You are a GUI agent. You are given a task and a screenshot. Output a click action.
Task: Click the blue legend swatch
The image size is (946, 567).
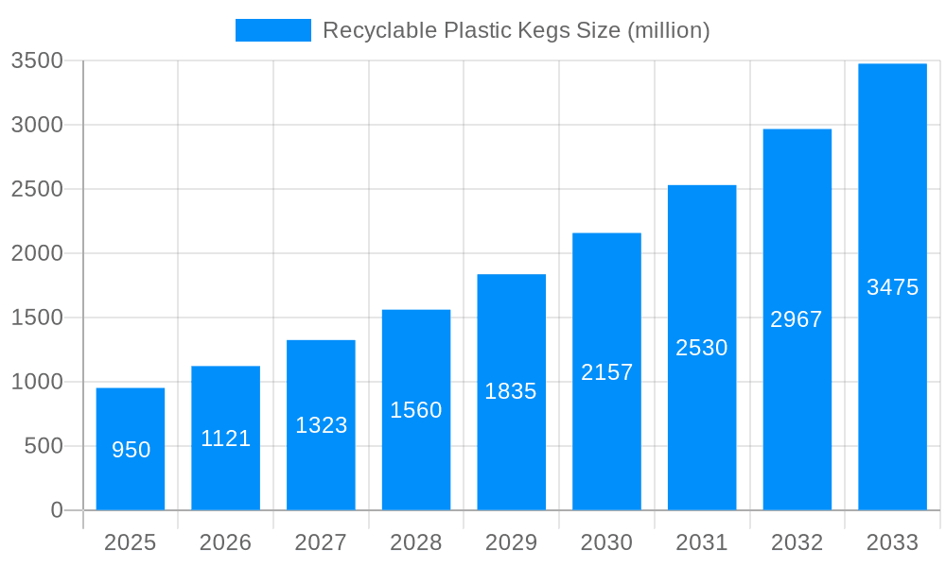click(x=272, y=30)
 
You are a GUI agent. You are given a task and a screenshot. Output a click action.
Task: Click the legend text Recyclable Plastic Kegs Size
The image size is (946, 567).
click(x=516, y=30)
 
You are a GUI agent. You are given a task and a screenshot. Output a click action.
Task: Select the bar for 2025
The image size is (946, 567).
click(x=131, y=449)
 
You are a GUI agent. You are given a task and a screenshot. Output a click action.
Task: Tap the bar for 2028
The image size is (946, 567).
click(x=416, y=410)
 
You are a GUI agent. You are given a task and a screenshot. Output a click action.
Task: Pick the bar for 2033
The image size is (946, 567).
click(x=892, y=286)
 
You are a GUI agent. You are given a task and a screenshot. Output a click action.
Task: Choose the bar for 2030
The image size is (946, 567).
click(x=606, y=371)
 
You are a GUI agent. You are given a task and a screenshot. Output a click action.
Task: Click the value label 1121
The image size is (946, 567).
click(x=226, y=438)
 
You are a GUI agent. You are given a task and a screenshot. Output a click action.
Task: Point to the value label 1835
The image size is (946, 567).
click(x=511, y=391)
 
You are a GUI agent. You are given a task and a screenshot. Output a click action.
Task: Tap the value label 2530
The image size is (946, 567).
click(x=702, y=348)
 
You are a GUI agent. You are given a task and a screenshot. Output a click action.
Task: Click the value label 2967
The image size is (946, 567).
click(x=797, y=319)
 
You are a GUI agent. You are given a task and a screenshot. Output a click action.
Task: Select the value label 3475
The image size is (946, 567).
click(x=892, y=287)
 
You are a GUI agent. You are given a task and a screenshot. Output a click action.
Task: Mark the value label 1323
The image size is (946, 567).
click(x=321, y=425)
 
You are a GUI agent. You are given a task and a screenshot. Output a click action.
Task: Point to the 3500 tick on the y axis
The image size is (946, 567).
click(x=37, y=60)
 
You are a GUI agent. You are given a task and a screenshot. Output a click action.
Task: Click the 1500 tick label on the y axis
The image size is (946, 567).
click(x=37, y=318)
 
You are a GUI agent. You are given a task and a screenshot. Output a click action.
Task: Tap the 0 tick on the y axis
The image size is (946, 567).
click(x=56, y=510)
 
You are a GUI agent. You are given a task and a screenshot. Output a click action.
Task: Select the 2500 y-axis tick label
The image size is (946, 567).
click(x=37, y=189)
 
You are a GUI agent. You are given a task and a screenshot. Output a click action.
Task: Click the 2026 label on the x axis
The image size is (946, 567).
click(x=226, y=542)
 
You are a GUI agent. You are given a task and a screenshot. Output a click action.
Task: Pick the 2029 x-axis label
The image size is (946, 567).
click(x=511, y=542)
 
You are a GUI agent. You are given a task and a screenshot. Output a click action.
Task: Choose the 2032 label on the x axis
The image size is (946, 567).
click(x=797, y=542)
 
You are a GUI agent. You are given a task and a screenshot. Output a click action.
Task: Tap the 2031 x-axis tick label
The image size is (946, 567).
click(x=702, y=542)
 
